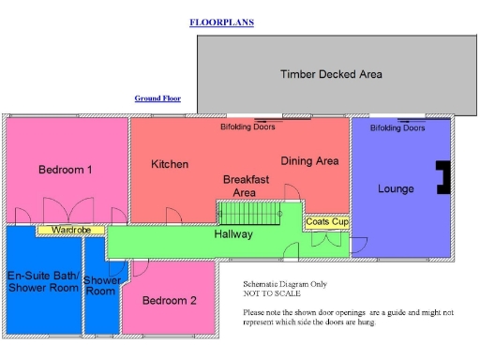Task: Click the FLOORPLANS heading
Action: [221, 22]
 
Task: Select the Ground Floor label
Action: [157, 97]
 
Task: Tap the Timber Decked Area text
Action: [331, 74]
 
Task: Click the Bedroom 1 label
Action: [65, 170]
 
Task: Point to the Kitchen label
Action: [170, 164]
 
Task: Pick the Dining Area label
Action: [309, 161]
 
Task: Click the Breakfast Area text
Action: [246, 185]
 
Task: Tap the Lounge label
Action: [396, 188]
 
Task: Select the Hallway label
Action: [232, 233]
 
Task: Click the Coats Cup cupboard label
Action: [327, 222]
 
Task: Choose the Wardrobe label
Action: [70, 229]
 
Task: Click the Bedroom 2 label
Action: [169, 301]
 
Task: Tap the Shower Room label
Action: [101, 286]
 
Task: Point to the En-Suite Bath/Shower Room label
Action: [42, 281]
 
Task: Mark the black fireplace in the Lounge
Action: [442, 176]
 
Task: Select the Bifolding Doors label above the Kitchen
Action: [247, 127]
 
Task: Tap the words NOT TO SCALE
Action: [270, 293]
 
